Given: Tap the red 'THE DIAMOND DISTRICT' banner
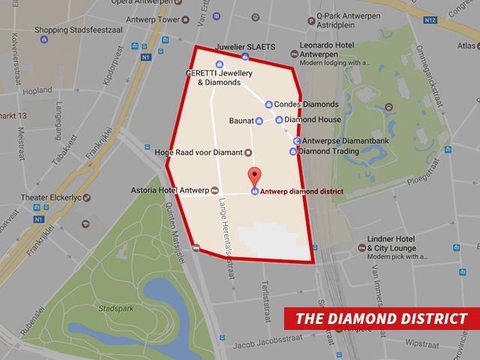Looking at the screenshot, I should pos(381,318).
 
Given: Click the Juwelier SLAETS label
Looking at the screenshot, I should pos(244,46).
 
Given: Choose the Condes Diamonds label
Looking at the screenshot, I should pos(307,104).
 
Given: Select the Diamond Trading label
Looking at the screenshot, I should pos(329,151).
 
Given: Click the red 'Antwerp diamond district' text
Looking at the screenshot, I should pos(301,191).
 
